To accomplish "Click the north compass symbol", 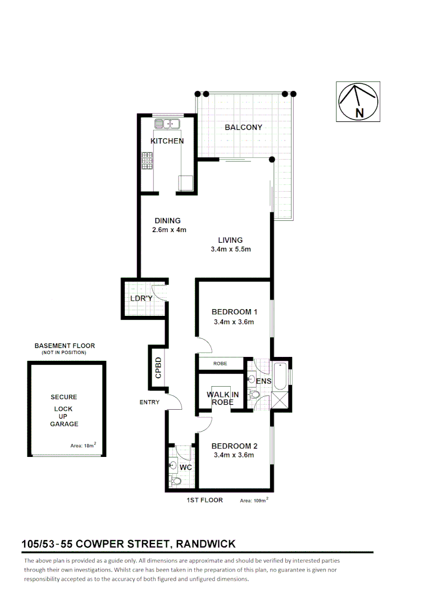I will coord(358,102).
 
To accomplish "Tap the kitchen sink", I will coord(166,124).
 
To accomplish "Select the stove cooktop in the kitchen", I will coord(147,162).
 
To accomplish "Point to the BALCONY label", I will coord(243,128).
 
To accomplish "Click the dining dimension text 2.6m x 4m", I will coord(168,230).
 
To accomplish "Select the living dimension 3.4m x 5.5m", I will coord(230,250).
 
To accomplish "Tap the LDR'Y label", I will coord(142,298).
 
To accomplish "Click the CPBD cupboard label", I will coord(158,368).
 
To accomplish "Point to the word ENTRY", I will coord(150,402).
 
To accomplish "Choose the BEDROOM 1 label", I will coord(234,312).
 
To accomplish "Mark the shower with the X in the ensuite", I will coord(279,400).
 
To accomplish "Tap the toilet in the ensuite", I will coord(255,395).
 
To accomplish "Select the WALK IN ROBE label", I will coord(223,398).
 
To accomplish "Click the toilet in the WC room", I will coord(175,481).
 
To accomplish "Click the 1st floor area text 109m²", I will coord(254,500).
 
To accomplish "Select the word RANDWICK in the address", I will coord(206,543).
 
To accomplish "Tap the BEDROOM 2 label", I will coord(234,446).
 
